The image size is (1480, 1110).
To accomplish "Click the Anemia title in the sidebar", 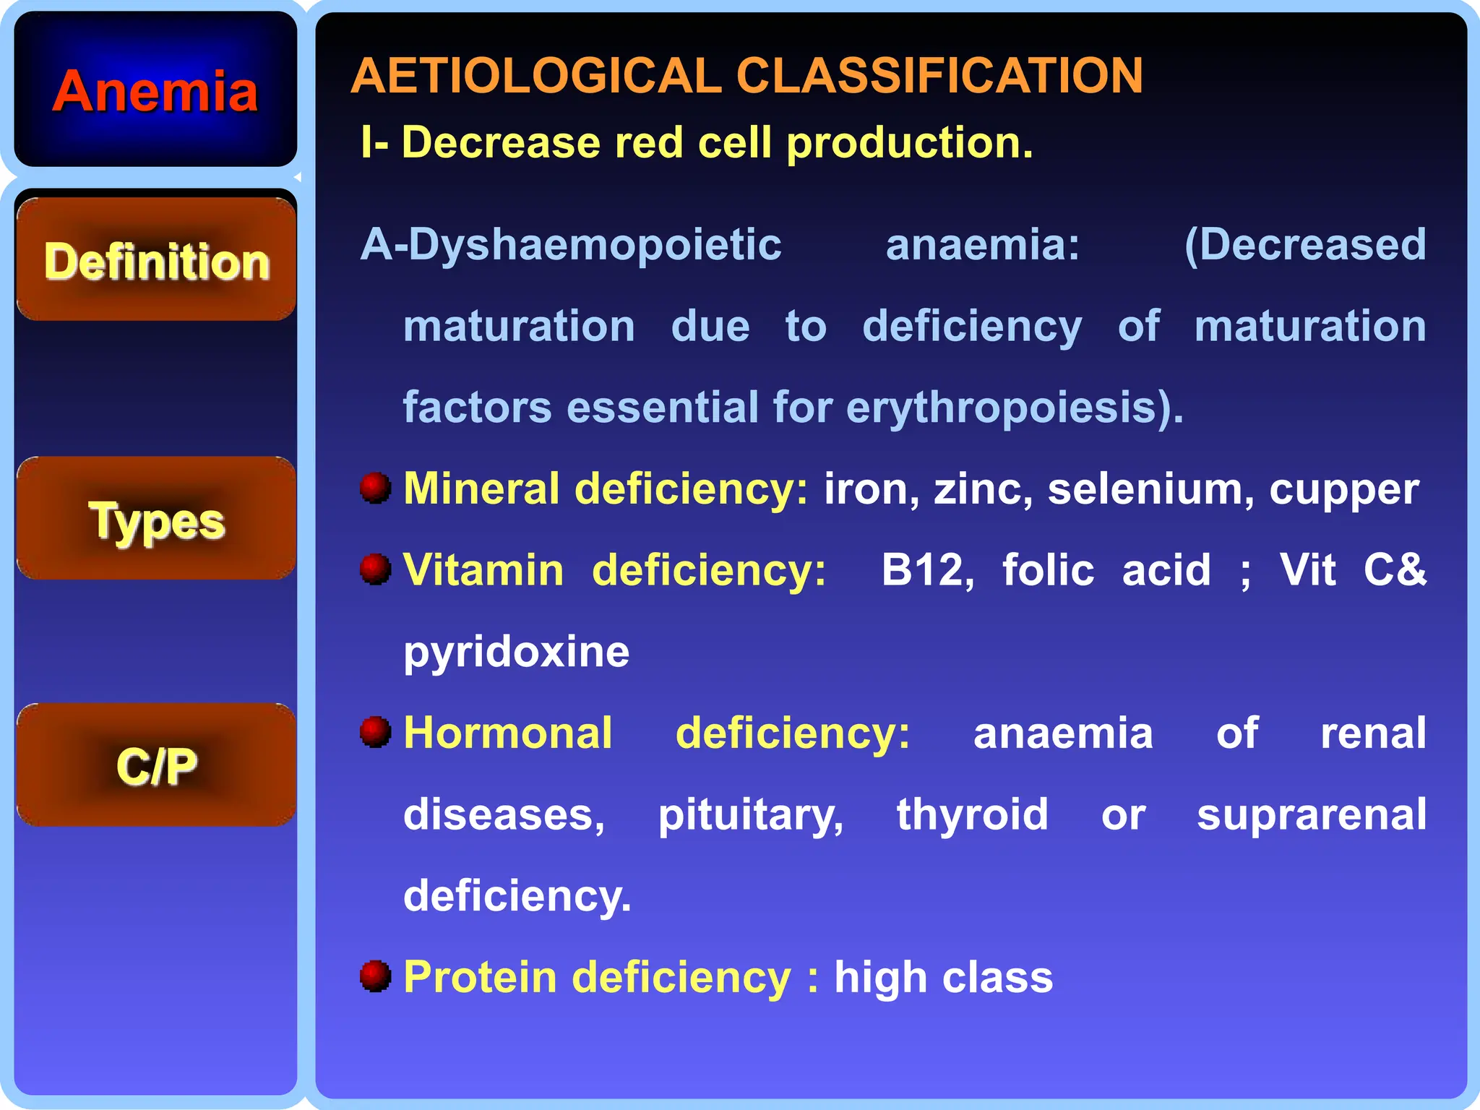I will [155, 92].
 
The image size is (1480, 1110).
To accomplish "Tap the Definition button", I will [156, 260].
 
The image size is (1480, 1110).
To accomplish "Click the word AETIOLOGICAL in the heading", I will [535, 76].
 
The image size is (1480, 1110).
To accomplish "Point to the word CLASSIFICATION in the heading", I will [939, 76].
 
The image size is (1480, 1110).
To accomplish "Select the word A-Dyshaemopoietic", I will [571, 245].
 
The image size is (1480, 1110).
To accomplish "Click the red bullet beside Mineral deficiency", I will [375, 488].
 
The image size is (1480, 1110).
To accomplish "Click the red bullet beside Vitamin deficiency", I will [375, 569].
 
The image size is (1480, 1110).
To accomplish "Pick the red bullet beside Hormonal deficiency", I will [375, 732].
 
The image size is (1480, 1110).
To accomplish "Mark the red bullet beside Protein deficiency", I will [375, 976].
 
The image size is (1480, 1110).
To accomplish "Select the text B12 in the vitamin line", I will [927, 570].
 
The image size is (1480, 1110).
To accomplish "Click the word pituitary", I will [750, 816].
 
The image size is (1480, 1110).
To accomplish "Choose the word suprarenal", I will [1312, 816].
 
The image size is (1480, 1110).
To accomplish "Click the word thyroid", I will [972, 816].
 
